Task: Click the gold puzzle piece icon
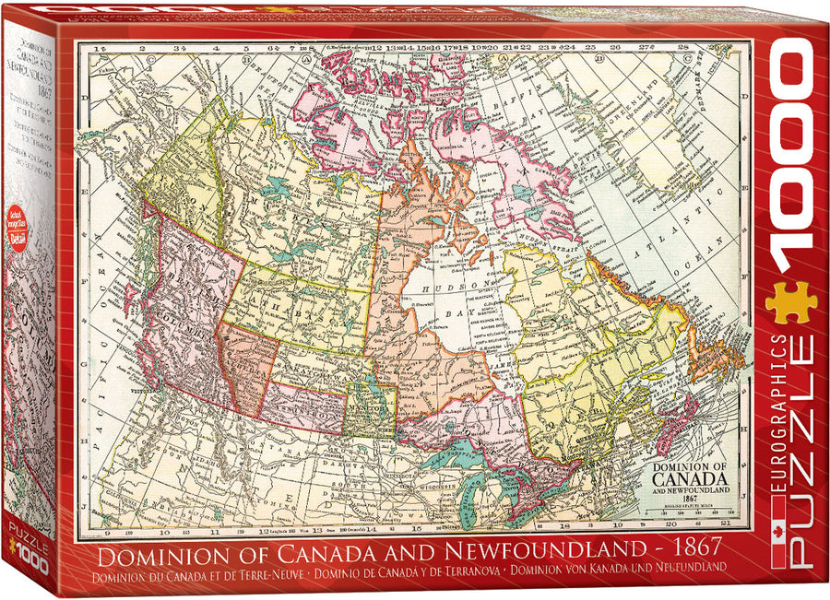790,302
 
